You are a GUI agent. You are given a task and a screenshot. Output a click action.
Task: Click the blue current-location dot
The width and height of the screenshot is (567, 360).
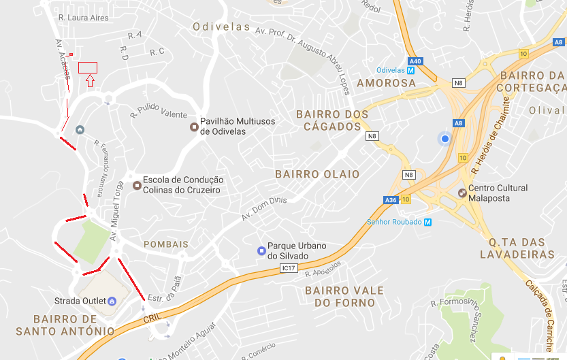click(444, 139)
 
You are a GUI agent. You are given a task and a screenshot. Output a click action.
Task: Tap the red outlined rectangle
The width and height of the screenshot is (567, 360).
click(88, 67)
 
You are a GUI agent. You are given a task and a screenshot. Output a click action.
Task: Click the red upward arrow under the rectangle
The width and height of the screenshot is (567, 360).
click(90, 81)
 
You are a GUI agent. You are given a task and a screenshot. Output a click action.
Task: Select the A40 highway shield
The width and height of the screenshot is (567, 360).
click(415, 61)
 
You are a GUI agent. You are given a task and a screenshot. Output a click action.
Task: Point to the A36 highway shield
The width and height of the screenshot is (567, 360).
click(391, 200)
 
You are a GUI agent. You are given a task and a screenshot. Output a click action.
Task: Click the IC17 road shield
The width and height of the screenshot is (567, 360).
click(289, 269)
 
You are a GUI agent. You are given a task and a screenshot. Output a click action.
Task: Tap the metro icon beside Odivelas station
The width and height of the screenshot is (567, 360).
click(411, 70)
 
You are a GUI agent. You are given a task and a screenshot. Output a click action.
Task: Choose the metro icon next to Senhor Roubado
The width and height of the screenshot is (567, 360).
click(427, 222)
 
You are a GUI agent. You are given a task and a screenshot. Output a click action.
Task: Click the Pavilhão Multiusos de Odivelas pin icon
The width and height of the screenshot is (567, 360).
click(194, 127)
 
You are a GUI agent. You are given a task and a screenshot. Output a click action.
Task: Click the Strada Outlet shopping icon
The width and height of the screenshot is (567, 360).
click(112, 301)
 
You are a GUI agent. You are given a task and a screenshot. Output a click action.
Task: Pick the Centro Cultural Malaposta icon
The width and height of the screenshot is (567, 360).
click(462, 193)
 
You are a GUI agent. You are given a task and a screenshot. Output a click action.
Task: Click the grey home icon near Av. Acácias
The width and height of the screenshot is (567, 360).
click(80, 130)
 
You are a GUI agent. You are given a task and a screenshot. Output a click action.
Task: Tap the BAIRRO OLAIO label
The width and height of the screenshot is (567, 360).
click(317, 174)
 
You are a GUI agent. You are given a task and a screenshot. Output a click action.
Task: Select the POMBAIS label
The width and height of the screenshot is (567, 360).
click(165, 244)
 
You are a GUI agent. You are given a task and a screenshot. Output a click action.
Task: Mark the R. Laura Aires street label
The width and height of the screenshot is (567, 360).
click(83, 18)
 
